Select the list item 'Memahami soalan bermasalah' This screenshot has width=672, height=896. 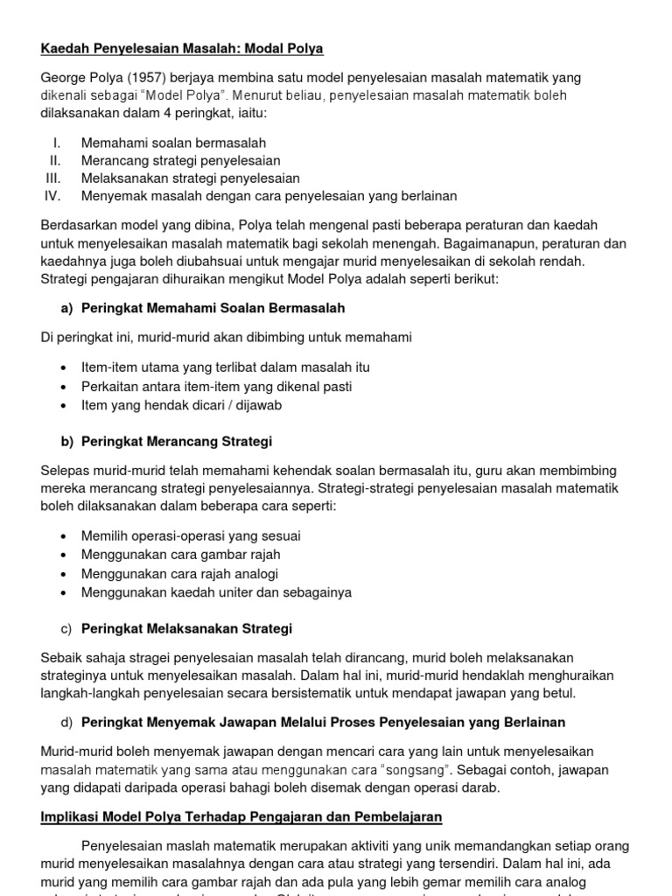[173, 143]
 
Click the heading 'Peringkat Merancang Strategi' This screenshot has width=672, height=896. [177, 441]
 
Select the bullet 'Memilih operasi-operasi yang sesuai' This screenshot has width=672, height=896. [192, 535]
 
